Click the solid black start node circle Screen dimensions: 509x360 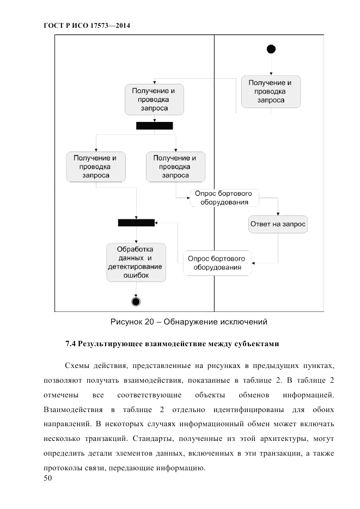[271, 50]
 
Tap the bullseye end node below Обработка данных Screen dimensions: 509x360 [136, 301]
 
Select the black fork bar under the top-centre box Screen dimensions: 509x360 [154, 126]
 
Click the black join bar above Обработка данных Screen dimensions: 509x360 [136, 223]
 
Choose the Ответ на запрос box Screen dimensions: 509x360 [278, 224]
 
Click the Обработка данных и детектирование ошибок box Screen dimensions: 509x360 [136, 262]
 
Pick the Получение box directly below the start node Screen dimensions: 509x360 [270, 91]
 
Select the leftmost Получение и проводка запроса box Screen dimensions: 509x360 [96, 167]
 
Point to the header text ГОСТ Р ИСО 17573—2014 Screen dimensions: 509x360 [87, 26]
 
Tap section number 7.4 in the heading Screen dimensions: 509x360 [71, 344]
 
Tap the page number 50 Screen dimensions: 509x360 [47, 479]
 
